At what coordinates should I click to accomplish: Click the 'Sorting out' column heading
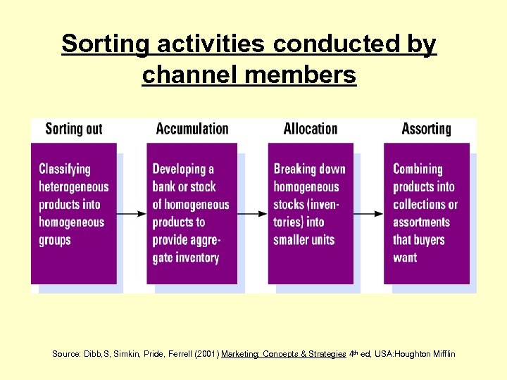(73, 129)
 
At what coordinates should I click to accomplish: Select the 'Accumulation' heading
(192, 129)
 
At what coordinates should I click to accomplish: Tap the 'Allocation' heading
(310, 129)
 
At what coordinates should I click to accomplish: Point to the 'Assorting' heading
(426, 129)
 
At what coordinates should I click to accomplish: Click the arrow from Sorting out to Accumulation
(132, 213)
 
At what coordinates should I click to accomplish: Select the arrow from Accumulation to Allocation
(252, 213)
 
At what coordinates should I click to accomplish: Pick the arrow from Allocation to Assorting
(368, 213)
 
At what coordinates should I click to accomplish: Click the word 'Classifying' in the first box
(65, 169)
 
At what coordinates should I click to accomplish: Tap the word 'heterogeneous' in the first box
(74, 186)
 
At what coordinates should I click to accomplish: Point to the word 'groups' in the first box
(55, 240)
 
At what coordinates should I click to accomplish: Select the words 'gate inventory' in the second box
(185, 258)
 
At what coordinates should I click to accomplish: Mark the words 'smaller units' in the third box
(304, 240)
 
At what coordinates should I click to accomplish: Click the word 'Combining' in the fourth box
(418, 169)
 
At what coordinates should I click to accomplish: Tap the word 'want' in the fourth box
(405, 258)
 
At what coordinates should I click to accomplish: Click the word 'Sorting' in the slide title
(105, 44)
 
